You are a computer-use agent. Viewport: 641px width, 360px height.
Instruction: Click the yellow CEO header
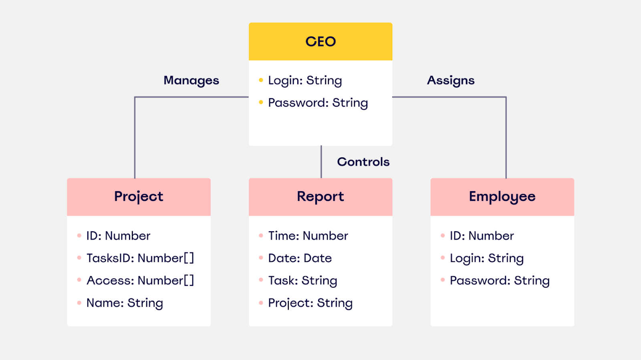pyautogui.click(x=320, y=42)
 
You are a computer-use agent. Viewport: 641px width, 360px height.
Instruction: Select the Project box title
pyautogui.click(x=139, y=196)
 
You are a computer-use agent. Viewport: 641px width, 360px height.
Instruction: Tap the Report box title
pyautogui.click(x=320, y=196)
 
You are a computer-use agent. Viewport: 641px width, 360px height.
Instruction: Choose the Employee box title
pyautogui.click(x=502, y=196)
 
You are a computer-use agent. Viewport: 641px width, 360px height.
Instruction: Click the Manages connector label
pyautogui.click(x=191, y=81)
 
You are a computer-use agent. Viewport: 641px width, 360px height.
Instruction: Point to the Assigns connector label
pyautogui.click(x=451, y=81)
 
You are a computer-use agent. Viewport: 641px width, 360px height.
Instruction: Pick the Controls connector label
pyautogui.click(x=363, y=162)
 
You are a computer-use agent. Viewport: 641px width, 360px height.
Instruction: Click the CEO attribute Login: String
pyautogui.click(x=305, y=81)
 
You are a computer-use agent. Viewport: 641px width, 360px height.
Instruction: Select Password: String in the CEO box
pyautogui.click(x=318, y=103)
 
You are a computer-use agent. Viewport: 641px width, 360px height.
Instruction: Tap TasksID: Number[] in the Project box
pyautogui.click(x=140, y=258)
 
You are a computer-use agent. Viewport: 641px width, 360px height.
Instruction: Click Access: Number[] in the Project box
pyautogui.click(x=140, y=281)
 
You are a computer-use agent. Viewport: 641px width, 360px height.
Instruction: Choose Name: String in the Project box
pyautogui.click(x=125, y=303)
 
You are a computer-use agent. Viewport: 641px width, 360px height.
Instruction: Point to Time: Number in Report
pyautogui.click(x=308, y=236)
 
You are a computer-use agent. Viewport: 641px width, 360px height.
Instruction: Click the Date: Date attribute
pyautogui.click(x=300, y=258)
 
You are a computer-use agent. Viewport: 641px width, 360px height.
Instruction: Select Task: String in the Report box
pyautogui.click(x=302, y=281)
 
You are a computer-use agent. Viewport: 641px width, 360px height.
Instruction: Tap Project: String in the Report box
pyautogui.click(x=310, y=303)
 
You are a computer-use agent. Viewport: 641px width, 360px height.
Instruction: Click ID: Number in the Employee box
pyautogui.click(x=482, y=236)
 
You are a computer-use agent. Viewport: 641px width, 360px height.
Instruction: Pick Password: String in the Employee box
pyautogui.click(x=500, y=281)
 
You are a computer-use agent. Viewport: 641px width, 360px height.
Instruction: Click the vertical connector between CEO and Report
pyautogui.click(x=321, y=162)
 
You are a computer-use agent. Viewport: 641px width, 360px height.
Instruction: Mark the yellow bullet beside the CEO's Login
pyautogui.click(x=261, y=80)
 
